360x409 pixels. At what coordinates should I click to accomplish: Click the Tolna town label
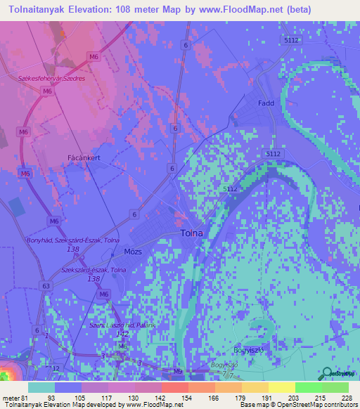coord(191,233)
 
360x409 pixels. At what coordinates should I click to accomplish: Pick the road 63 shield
coord(46,286)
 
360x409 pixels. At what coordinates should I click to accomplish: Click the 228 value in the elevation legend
coord(345,398)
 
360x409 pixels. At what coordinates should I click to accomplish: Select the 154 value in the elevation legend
coord(187,398)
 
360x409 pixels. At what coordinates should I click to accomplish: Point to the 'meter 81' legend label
coord(15,398)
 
